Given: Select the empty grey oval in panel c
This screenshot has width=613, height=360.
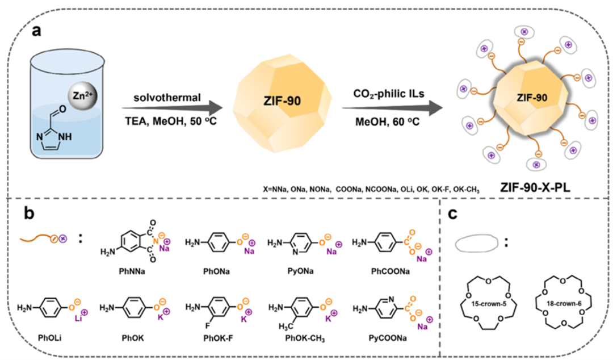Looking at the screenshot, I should point(477,242).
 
